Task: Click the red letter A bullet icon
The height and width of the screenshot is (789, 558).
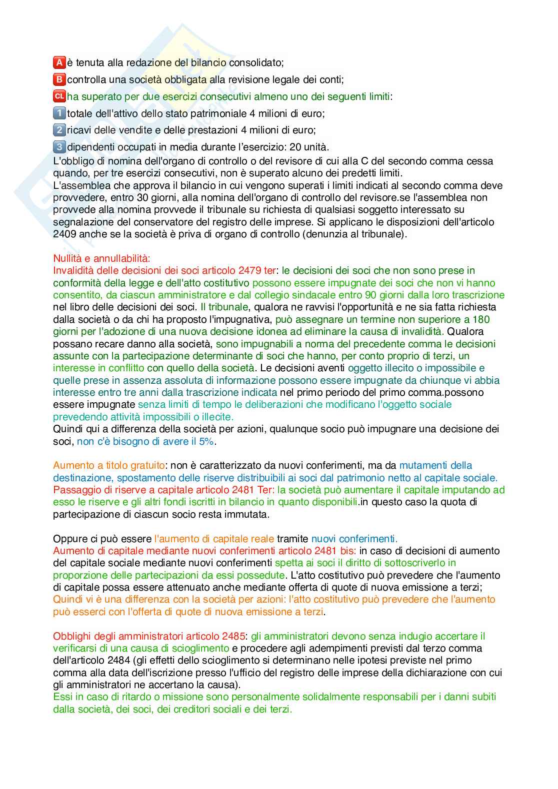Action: [x=59, y=62]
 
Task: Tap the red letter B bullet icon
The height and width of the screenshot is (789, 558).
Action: [x=59, y=79]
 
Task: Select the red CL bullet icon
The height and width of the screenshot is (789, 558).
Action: [x=59, y=96]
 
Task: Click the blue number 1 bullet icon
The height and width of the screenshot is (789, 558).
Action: [x=59, y=113]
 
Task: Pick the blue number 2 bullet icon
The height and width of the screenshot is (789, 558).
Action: [x=59, y=130]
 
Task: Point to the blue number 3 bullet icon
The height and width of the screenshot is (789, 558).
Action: [x=59, y=147]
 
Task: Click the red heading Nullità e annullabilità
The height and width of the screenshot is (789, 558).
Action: [x=101, y=258]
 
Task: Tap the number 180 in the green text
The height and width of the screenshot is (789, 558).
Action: [x=481, y=319]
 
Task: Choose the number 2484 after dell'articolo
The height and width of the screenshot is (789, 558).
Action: [x=118, y=661]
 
